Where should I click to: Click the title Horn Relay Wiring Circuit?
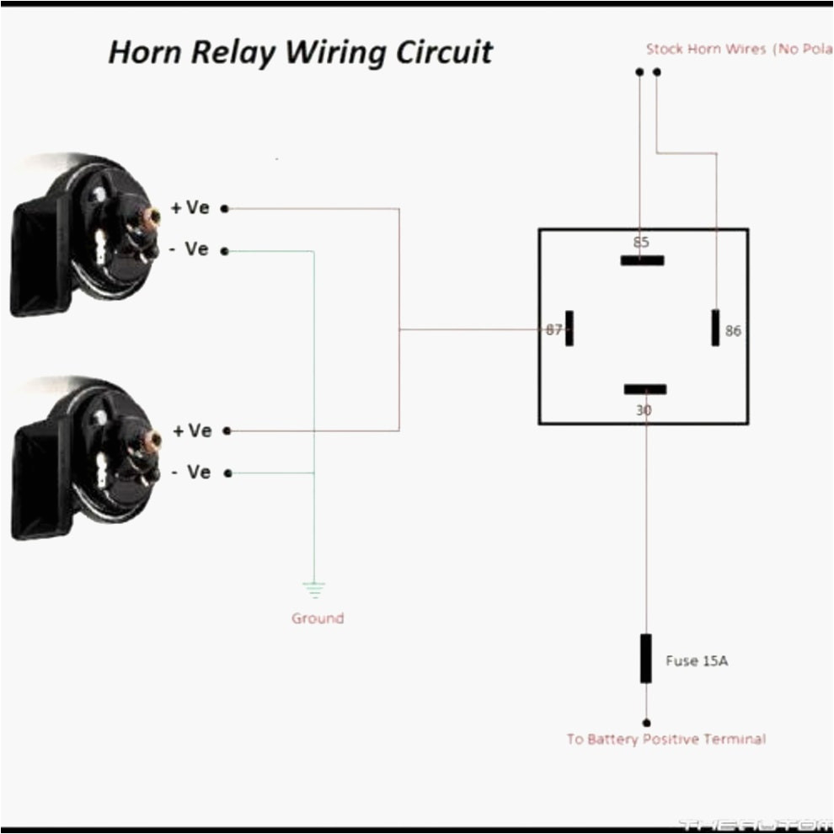[x=300, y=52]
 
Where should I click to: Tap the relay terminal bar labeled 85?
[x=642, y=260]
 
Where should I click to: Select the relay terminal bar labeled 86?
[x=715, y=327]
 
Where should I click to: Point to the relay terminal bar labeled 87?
[x=569, y=329]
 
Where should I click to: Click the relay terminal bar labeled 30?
[x=645, y=389]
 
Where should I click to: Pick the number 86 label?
[x=733, y=331]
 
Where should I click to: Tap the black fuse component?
[x=646, y=658]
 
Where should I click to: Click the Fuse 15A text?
[x=697, y=661]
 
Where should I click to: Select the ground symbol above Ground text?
[x=314, y=590]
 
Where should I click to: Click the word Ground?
[x=318, y=618]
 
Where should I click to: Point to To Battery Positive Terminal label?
[x=666, y=740]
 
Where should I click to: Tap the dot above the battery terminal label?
[x=646, y=723]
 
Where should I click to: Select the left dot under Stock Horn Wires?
[x=639, y=72]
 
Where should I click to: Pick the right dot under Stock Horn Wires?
[x=657, y=72]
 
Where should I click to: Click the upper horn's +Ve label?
[x=190, y=208]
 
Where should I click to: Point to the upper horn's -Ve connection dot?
[x=225, y=251]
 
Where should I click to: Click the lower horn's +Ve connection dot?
[x=227, y=431]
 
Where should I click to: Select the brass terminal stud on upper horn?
[x=152, y=217]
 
